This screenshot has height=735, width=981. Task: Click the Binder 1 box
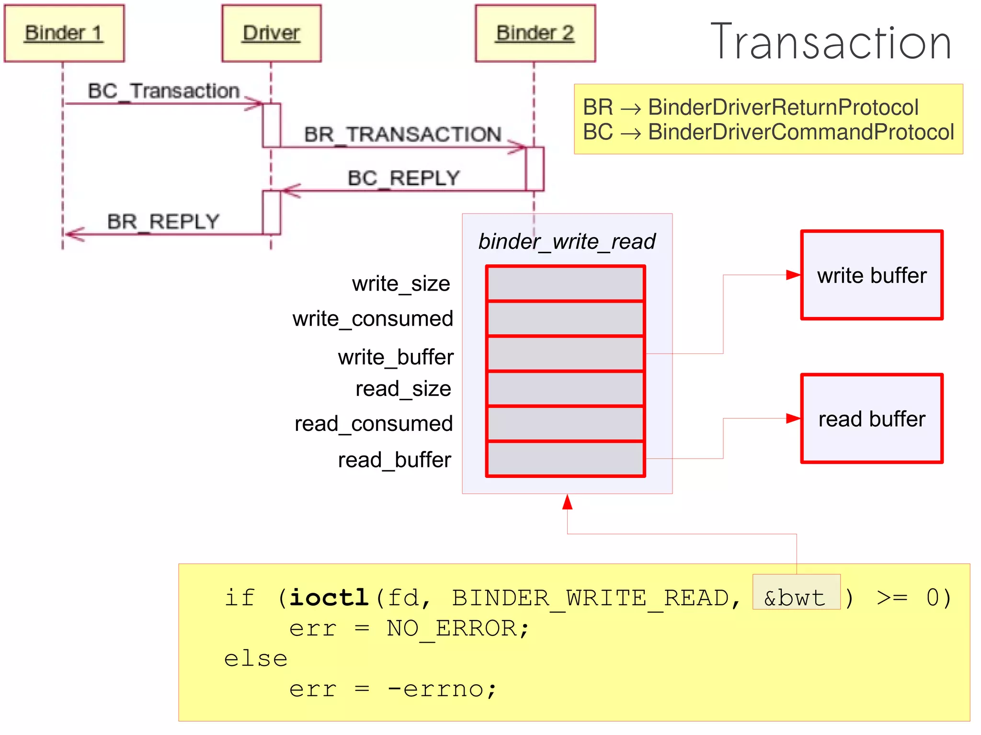[64, 34]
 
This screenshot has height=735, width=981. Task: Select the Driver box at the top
[271, 34]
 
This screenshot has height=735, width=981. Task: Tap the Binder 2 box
[535, 34]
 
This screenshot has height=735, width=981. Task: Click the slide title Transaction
[831, 42]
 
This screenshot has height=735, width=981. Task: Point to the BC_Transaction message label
[163, 91]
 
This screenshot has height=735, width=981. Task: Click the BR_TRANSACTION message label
[403, 135]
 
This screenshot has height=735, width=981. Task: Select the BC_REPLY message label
[403, 178]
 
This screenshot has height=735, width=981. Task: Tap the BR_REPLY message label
[163, 222]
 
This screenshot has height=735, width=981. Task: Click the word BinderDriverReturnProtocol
[783, 107]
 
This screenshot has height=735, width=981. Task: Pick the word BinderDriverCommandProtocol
[801, 132]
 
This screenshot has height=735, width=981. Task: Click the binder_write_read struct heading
[567, 241]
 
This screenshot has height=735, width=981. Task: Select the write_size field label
[401, 284]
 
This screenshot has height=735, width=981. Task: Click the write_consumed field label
[373, 319]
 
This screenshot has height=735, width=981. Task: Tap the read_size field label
[403, 389]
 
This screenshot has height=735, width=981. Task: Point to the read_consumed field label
[374, 424]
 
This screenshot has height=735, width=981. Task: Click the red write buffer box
[872, 275]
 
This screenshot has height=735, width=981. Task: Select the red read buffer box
[872, 419]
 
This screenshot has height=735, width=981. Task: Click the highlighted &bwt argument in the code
[795, 597]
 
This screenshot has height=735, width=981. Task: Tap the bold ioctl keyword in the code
[329, 597]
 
